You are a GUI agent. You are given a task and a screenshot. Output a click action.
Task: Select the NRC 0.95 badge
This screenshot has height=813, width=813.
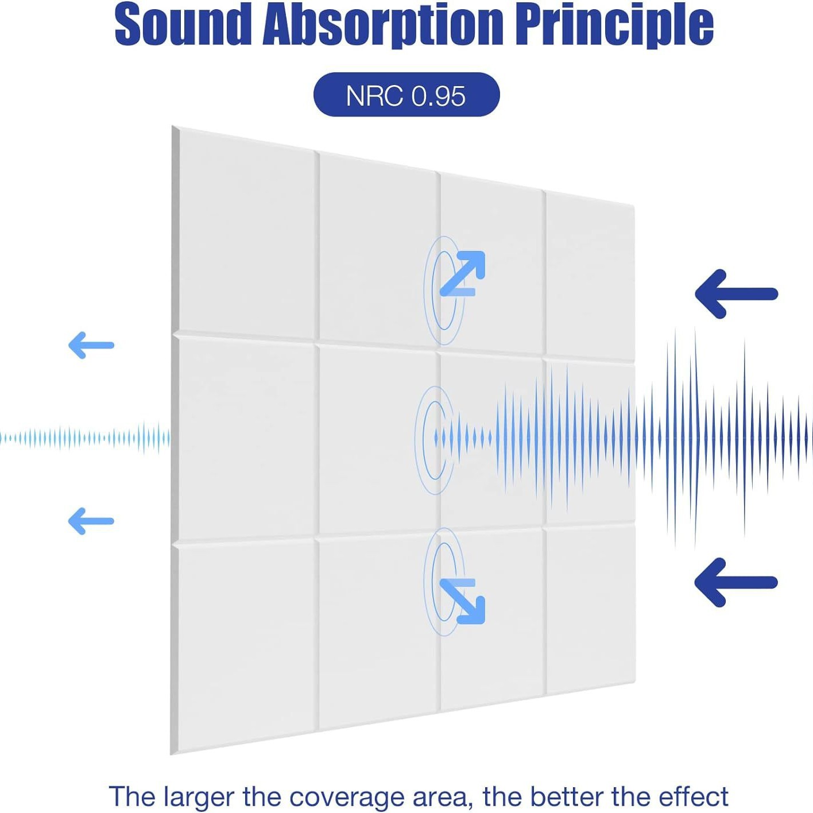pos(406,95)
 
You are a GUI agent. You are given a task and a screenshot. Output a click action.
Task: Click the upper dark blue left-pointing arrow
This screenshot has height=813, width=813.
pos(735,293)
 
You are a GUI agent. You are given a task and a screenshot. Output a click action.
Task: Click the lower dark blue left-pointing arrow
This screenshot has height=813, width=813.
pos(735,582)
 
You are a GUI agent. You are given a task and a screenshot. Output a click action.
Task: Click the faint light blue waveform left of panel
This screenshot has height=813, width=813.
pos(86,439)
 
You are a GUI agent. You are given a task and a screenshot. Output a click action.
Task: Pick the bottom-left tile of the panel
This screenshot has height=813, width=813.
pos(246,643)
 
